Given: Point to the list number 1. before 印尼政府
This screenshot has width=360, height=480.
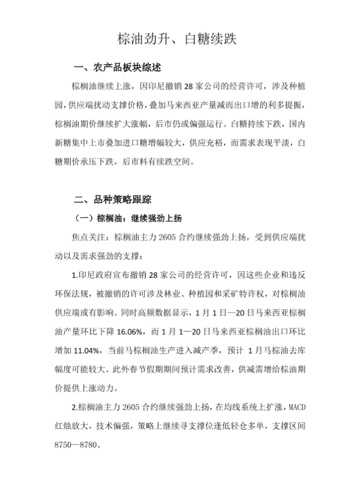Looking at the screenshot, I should click(74, 278).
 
